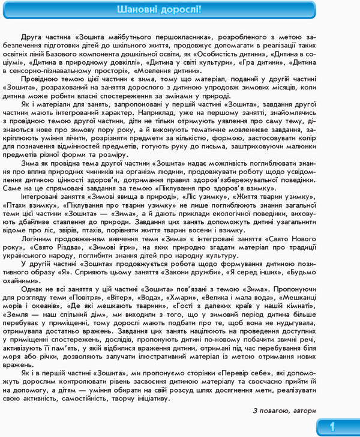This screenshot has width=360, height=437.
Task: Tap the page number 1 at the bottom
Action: pos(332,427)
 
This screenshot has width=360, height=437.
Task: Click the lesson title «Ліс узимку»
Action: pos(215,196)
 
